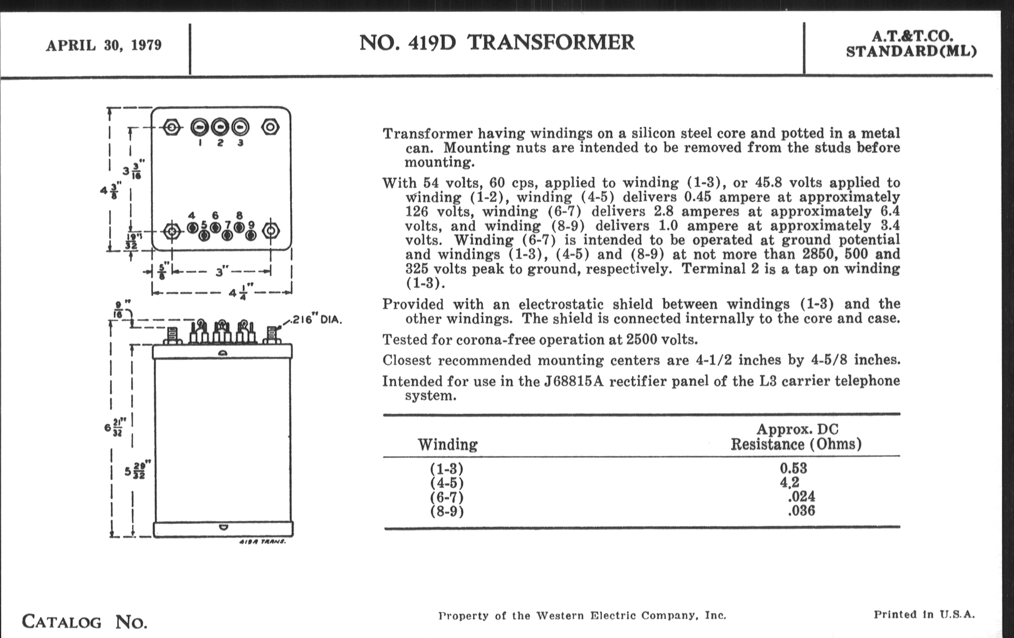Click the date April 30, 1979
click(103, 45)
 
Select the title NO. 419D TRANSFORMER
click(497, 43)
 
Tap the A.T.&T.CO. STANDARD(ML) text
click(911, 44)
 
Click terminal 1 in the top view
click(200, 127)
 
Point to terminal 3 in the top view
click(240, 127)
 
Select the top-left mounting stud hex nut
click(172, 127)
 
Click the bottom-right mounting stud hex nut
click(270, 231)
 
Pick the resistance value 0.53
click(793, 468)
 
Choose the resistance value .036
click(801, 511)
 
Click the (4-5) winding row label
click(447, 482)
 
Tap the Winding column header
click(448, 444)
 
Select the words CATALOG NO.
click(84, 622)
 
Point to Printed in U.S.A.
click(924, 614)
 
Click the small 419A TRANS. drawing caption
click(262, 542)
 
